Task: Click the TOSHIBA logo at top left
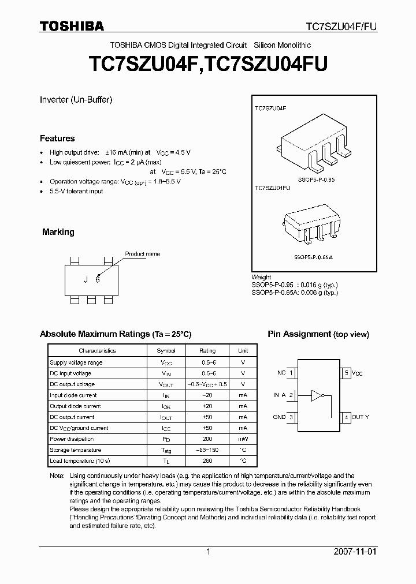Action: pyautogui.click(x=72, y=26)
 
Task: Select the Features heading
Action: pyautogui.click(x=57, y=138)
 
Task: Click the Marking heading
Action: pyautogui.click(x=58, y=232)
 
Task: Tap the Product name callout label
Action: pyautogui.click(x=143, y=254)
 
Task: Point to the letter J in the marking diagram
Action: pyautogui.click(x=86, y=280)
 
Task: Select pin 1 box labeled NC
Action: pyautogui.click(x=292, y=373)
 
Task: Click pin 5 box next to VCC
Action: pyautogui.click(x=347, y=373)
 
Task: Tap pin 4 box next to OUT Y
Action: pyautogui.click(x=347, y=417)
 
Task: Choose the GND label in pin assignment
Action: pyautogui.click(x=278, y=417)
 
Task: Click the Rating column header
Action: pyautogui.click(x=207, y=350)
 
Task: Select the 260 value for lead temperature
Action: pyautogui.click(x=207, y=461)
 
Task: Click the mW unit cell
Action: pyautogui.click(x=243, y=439)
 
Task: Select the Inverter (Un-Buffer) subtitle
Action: pyautogui.click(x=76, y=99)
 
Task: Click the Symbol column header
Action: pyautogui.click(x=166, y=350)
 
